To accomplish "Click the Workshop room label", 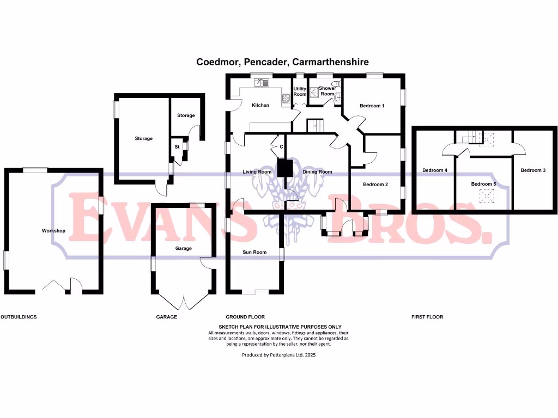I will coord(53,231).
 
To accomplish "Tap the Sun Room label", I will coord(254,252).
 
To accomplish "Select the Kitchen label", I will coord(260,105).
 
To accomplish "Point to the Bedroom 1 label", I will coord(372,106).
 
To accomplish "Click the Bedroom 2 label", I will coord(375,185).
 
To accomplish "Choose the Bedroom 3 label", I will coord(533,170).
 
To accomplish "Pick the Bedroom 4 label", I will coord(435,170).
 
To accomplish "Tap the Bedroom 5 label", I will coord(484,184).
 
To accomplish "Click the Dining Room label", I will coord(317,172).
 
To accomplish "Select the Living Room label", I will coord(257,172).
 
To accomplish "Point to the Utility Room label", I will coord(300,91).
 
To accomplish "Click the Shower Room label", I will coord(327,91).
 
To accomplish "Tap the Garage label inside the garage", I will coord(183,248).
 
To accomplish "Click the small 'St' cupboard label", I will coord(177,147).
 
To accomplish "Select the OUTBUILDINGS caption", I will coord(19,317).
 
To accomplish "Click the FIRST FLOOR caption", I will coord(427,317).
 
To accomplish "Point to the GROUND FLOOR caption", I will coord(245,317).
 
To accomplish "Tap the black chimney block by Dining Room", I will coord(284,168).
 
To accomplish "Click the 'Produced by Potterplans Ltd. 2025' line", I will coord(278,354).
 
